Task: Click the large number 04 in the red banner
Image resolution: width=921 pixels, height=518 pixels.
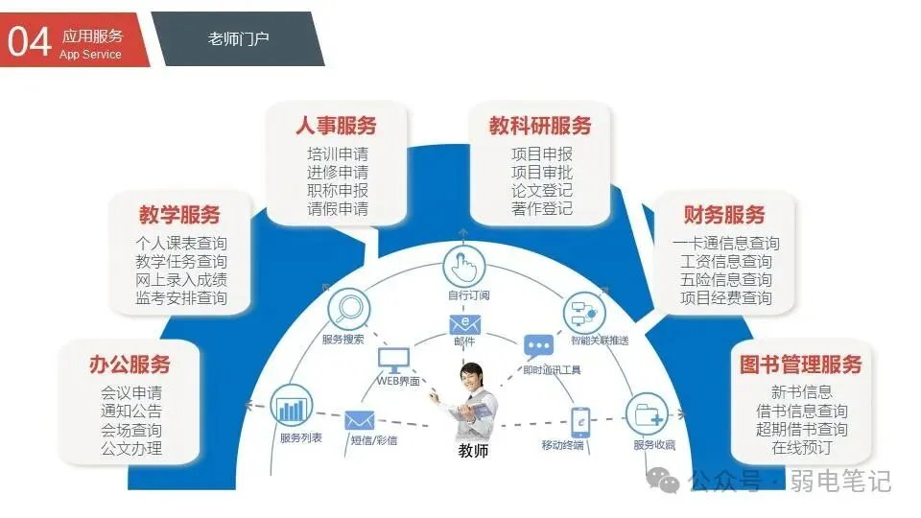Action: (29, 41)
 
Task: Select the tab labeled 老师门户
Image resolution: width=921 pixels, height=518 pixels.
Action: (238, 39)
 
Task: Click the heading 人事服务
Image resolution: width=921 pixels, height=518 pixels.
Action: (336, 126)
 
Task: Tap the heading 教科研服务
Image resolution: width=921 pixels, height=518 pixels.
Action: (540, 126)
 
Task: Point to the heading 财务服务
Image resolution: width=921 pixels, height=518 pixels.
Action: (724, 214)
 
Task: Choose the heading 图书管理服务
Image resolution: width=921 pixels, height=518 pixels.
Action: (801, 365)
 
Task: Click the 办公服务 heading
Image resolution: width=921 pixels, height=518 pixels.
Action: (130, 365)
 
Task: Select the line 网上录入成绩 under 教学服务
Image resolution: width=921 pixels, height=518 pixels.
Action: (181, 280)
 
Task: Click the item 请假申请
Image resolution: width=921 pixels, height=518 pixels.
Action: (337, 208)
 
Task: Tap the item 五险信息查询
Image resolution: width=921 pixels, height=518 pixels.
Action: (726, 280)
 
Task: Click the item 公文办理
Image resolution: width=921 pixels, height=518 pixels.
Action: (131, 448)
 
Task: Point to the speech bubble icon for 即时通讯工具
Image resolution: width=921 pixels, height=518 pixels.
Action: (539, 345)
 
